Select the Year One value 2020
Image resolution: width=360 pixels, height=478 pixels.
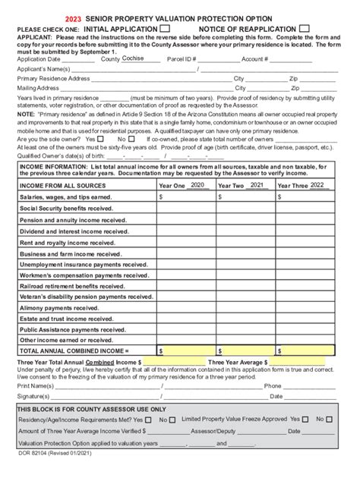point(197,184)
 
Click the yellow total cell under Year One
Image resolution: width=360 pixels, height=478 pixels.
point(186,351)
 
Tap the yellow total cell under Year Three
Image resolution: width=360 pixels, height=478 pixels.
point(305,351)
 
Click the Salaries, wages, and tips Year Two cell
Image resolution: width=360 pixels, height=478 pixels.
point(245,197)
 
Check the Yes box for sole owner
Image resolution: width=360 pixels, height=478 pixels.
point(101,140)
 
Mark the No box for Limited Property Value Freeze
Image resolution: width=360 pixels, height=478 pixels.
point(330,419)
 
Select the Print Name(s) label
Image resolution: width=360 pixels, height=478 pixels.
point(35,385)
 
